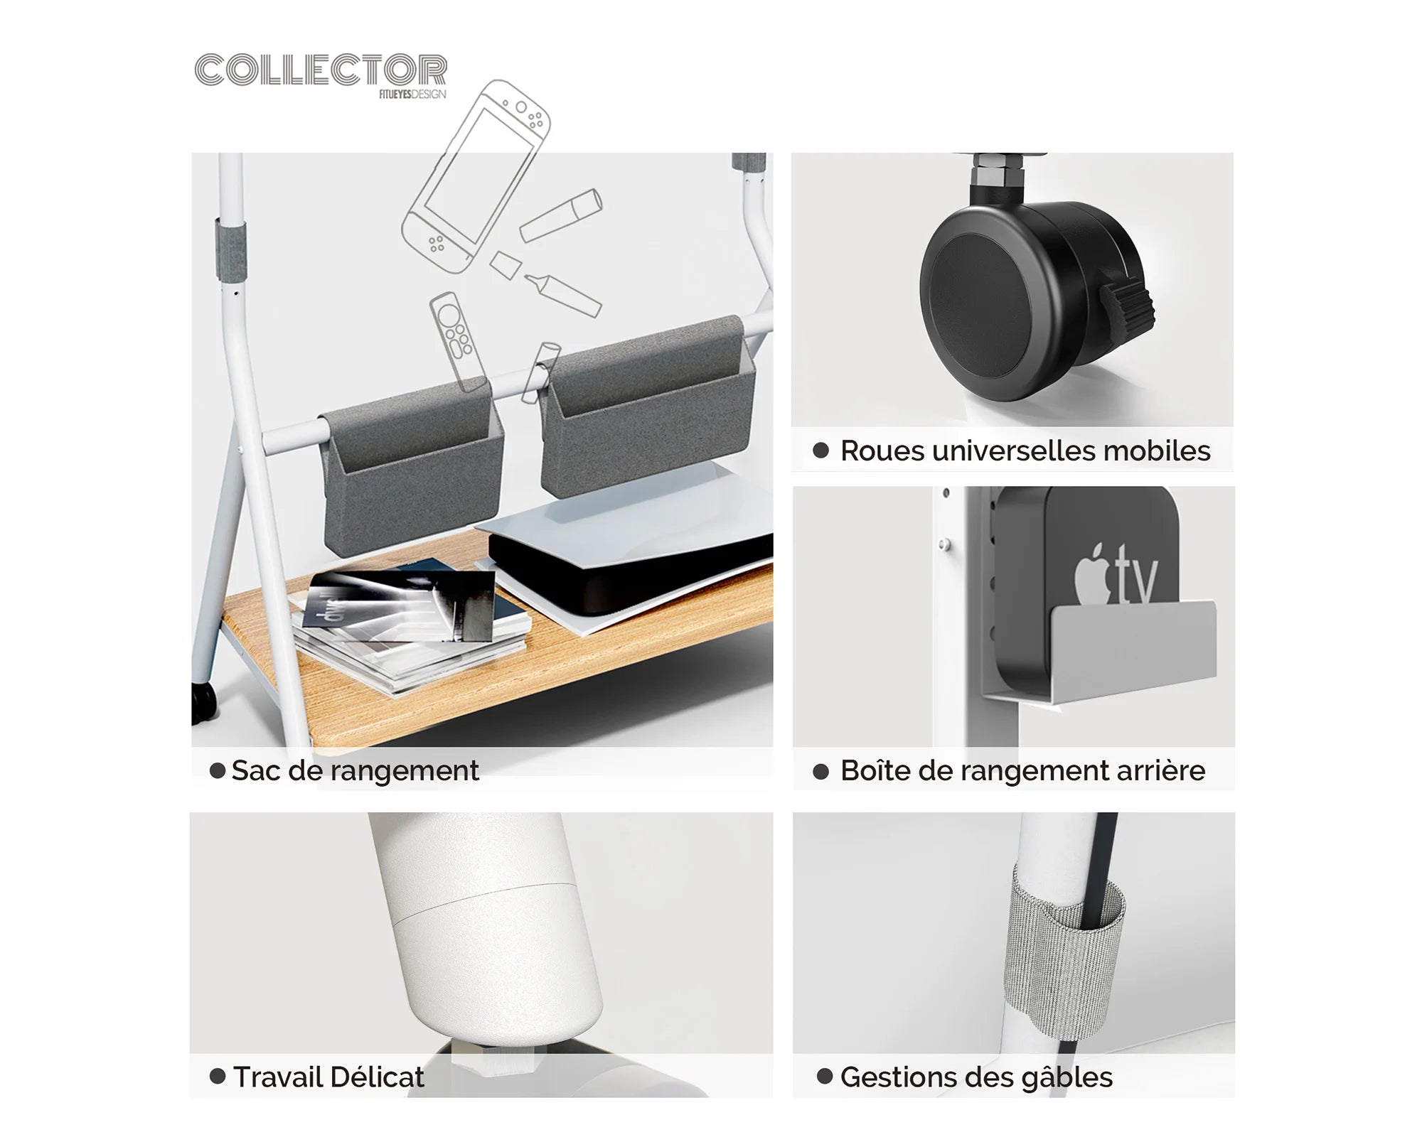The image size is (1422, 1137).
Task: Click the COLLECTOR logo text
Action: click(321, 70)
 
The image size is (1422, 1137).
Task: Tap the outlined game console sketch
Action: click(475, 176)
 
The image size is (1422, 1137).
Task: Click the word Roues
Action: click(882, 451)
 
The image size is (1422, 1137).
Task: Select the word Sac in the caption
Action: click(255, 770)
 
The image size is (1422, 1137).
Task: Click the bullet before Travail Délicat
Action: click(218, 1076)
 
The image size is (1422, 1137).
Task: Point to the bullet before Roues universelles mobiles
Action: click(821, 451)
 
